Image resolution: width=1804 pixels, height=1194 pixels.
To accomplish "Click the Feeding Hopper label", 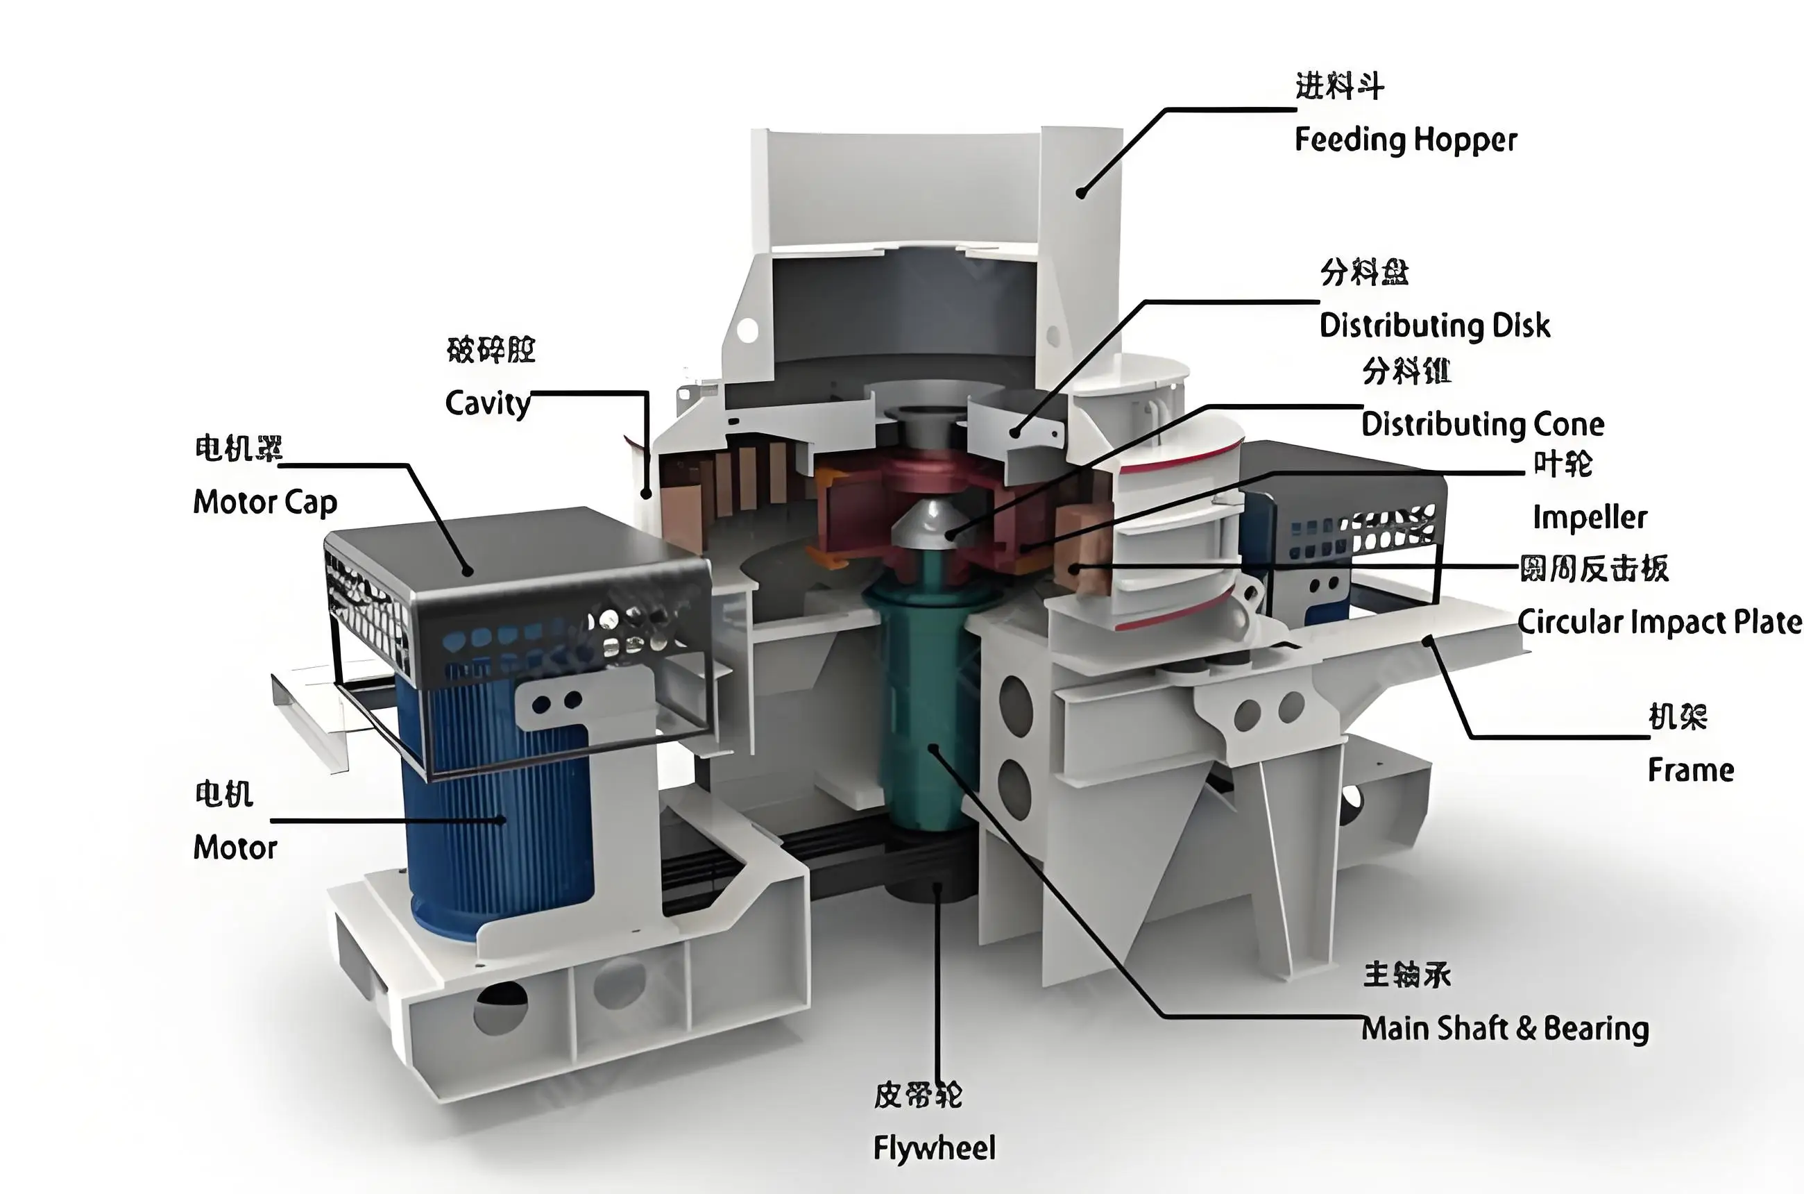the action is tap(1405, 140).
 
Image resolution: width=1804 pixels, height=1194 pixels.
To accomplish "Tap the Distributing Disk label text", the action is tap(1434, 325).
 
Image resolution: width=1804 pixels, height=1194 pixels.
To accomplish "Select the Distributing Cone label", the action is tap(1482, 424).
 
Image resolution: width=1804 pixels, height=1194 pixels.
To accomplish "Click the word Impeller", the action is tap(1590, 517).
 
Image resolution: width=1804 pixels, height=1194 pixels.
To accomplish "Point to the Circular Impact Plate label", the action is tap(1660, 622).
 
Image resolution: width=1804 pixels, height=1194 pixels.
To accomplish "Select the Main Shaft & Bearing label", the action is tap(1505, 1029).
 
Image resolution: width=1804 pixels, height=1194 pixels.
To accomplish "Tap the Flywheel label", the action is tap(934, 1147).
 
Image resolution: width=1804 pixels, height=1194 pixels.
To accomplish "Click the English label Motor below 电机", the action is tap(235, 848).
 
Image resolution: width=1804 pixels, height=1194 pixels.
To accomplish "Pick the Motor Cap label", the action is tap(265, 503).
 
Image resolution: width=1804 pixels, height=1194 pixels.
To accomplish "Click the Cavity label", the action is tap(487, 403).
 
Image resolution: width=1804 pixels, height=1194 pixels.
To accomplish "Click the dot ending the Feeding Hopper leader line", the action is tap(1081, 194).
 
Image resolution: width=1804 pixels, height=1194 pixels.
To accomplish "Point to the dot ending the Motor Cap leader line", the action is tap(468, 571).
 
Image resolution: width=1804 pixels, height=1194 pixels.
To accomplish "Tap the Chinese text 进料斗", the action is tap(1339, 86).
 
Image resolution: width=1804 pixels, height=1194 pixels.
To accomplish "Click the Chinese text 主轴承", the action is tap(1406, 975).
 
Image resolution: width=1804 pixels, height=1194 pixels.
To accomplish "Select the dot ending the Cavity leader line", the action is tap(646, 494).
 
